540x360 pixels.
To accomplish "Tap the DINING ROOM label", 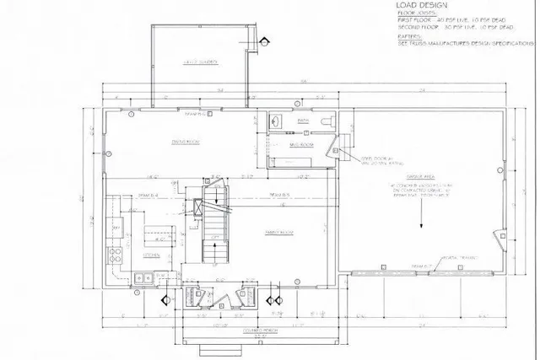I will [186, 142].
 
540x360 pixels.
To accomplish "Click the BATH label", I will [304, 121].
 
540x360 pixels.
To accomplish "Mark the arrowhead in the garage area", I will [419, 227].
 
